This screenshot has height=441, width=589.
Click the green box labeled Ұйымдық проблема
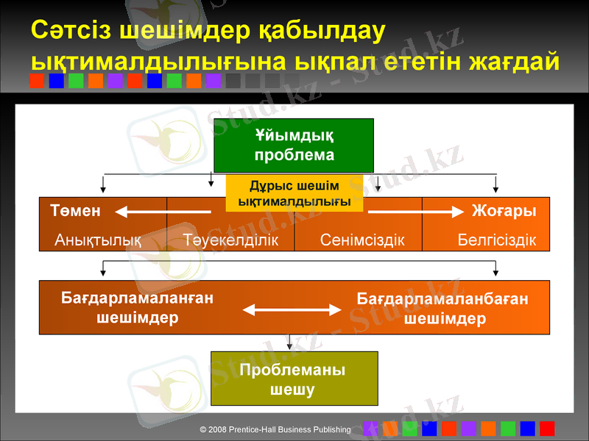pyautogui.click(x=294, y=145)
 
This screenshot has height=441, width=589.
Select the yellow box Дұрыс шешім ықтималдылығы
pyautogui.click(x=294, y=193)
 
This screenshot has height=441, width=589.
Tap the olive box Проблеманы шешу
pyautogui.click(x=294, y=379)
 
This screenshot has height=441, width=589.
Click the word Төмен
pyautogui.click(x=75, y=210)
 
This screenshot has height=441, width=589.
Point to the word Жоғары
pyautogui.click(x=504, y=210)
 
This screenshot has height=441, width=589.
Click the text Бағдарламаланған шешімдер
pyautogui.click(x=137, y=307)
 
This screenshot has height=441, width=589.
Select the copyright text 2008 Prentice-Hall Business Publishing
pyautogui.click(x=275, y=429)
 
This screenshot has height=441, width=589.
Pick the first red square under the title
pyautogui.click(x=37, y=81)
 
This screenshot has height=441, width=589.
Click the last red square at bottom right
pyautogui.click(x=547, y=429)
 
